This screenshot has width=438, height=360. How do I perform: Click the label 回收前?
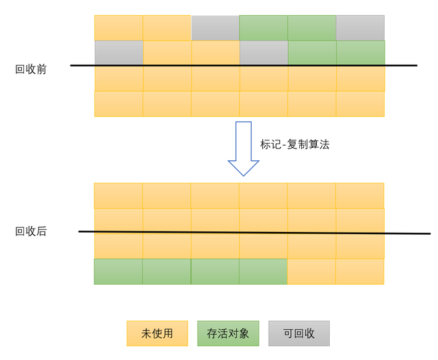[x=31, y=69]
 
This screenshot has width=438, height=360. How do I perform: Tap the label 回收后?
[x=31, y=231]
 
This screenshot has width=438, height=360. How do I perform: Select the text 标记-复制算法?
[x=294, y=144]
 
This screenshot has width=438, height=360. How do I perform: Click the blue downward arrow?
[x=244, y=148]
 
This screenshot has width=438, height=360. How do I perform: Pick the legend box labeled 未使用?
[x=157, y=333]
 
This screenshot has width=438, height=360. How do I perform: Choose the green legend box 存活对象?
[x=228, y=333]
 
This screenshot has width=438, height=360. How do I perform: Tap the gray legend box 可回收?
[x=299, y=333]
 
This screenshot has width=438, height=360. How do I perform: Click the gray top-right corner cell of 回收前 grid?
[x=360, y=28]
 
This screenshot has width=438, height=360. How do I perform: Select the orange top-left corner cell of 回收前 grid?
[x=118, y=28]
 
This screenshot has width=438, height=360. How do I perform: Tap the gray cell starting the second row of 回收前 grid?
[x=119, y=53]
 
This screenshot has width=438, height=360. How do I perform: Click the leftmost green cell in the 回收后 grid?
[x=118, y=272]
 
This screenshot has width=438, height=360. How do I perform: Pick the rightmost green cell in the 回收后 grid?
[x=263, y=272]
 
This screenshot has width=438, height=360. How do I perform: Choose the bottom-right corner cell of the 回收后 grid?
[x=359, y=272]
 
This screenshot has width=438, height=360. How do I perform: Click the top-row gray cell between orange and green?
[x=215, y=28]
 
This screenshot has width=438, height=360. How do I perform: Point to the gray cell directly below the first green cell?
[x=263, y=53]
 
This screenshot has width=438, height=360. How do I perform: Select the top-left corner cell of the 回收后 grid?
[x=118, y=196]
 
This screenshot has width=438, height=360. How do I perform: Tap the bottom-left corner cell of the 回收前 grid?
[x=118, y=104]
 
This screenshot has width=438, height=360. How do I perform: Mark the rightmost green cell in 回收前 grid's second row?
[x=361, y=53]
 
